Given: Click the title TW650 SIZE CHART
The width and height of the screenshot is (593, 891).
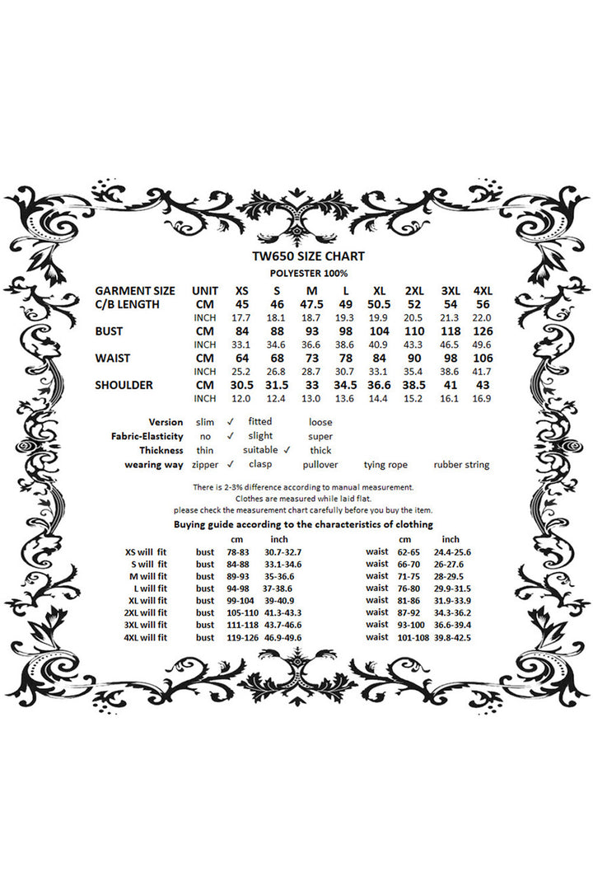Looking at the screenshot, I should pos(309,256).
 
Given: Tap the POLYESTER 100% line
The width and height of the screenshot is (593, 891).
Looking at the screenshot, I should pos(309,273).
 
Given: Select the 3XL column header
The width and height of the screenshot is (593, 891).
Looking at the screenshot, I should pos(451,291).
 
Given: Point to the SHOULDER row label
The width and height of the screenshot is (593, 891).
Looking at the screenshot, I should pos(124,385).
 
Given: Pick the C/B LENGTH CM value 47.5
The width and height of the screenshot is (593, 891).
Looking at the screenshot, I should pos(311,305).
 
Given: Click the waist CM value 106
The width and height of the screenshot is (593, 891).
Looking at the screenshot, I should pos(483,359).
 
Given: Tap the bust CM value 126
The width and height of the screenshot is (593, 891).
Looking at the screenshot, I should pos(483,331).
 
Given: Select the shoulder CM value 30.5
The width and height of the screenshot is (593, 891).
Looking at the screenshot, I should pos(241,385).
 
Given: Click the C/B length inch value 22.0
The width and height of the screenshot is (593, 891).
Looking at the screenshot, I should pos(483,318).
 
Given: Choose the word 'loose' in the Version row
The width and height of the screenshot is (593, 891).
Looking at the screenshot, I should pos(320,422).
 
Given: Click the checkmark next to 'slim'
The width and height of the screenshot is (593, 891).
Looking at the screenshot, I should pos(231,422).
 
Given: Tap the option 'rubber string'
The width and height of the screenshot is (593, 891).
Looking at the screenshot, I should pos(461,465).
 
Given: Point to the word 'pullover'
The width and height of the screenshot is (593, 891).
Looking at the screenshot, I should pos(320,465).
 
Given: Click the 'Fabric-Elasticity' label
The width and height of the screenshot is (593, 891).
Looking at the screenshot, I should pos(147,436).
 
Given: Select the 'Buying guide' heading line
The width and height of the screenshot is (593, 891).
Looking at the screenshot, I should pos(303,525).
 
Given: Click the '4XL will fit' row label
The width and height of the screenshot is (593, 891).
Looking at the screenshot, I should pos(145,637).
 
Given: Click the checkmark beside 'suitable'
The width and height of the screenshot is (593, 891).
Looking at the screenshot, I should pos(287,450).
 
